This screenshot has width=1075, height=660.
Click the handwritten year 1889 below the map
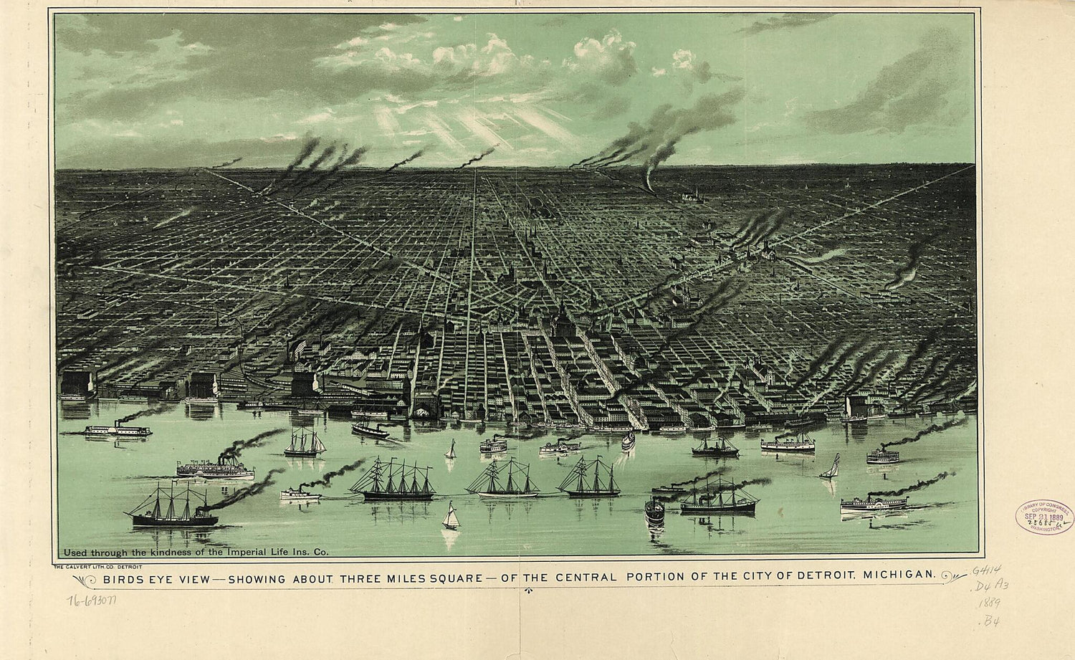990,603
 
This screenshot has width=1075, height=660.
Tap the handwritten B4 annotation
991,621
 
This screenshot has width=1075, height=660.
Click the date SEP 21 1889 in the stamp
1044,517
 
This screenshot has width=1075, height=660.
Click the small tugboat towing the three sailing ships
300,493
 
